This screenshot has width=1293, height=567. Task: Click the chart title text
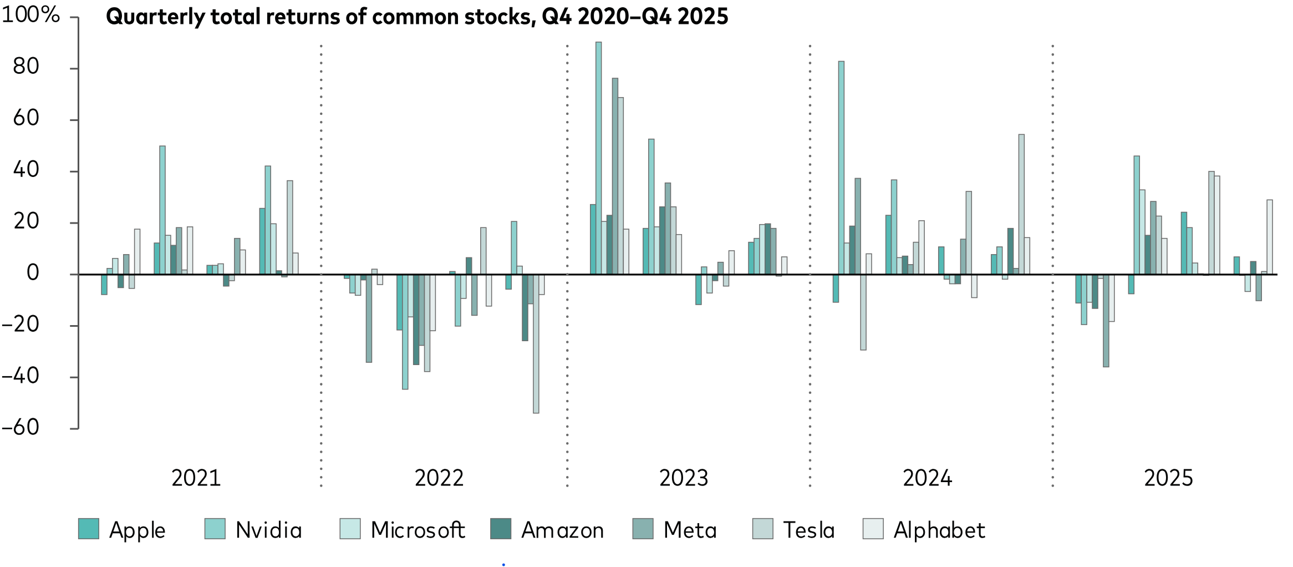[x=417, y=17]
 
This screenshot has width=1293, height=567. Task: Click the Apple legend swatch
[x=89, y=529]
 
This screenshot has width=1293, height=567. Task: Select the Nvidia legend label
[x=268, y=530]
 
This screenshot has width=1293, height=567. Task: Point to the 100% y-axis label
[x=30, y=15]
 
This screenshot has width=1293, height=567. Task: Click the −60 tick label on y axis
[x=21, y=427]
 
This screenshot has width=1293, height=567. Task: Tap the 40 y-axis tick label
[x=26, y=170]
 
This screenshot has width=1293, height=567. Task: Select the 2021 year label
[x=196, y=478]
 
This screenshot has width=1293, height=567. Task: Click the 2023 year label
[x=684, y=478]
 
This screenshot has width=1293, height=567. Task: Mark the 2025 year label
[x=1168, y=478]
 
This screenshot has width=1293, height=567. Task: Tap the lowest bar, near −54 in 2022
[x=536, y=343]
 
